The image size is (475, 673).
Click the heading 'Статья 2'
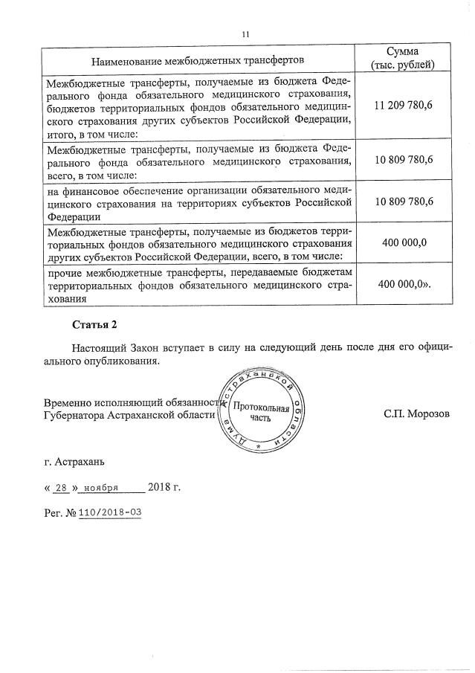[94, 325]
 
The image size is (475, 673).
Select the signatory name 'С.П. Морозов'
[417, 413]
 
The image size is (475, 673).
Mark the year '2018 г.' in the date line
[164, 488]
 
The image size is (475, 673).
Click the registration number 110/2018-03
[111, 513]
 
